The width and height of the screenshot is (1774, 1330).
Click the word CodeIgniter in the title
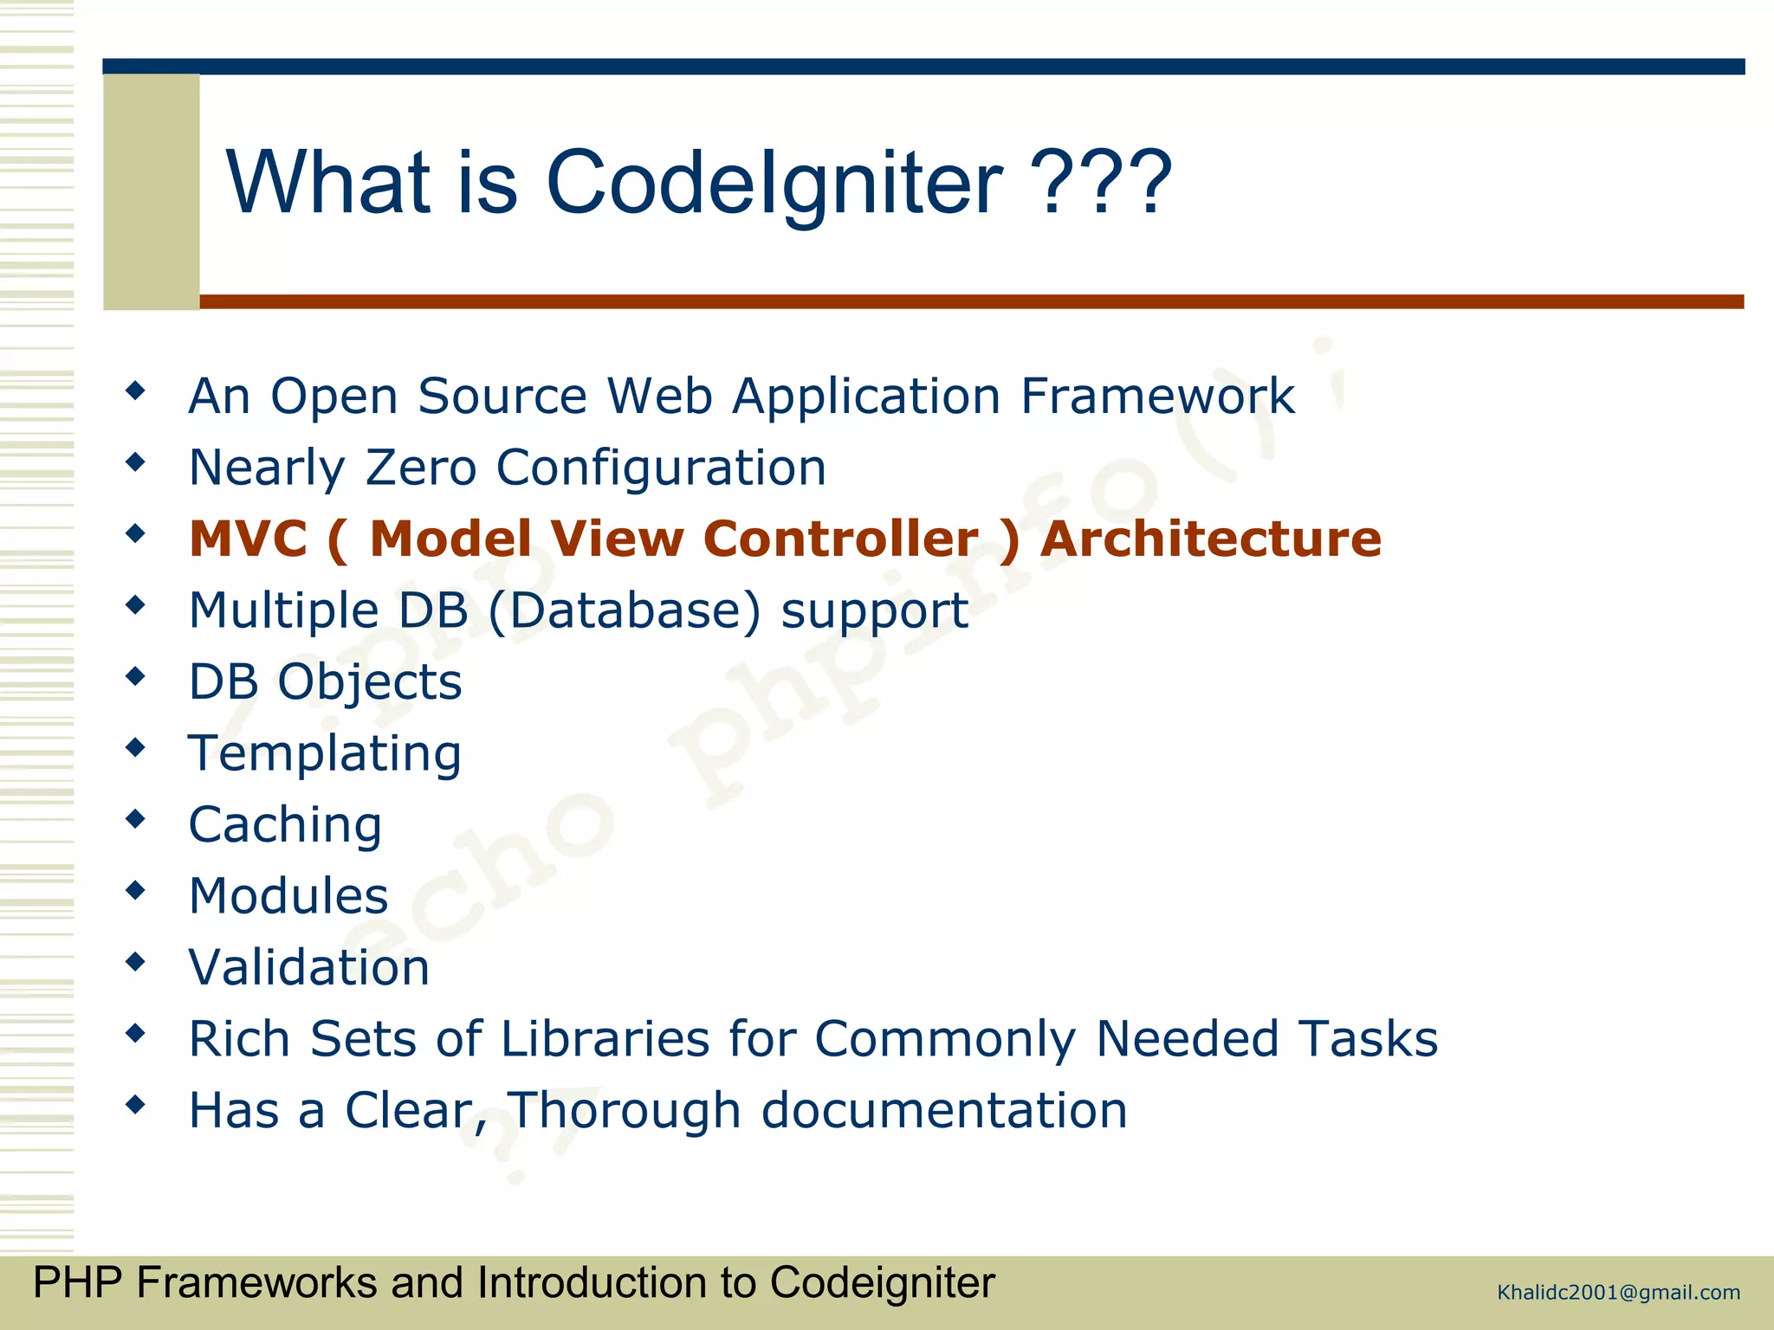click(774, 183)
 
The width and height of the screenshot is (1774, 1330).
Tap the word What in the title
click(328, 183)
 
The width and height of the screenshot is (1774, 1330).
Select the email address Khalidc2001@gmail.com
click(1618, 1293)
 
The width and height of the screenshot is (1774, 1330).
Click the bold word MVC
click(248, 539)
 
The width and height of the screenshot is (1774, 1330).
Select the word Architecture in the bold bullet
click(1210, 539)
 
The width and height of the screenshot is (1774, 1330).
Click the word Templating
click(325, 753)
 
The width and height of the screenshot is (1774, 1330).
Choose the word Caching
click(285, 824)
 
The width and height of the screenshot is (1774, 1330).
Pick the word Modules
click(288, 895)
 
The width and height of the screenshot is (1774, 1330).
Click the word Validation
click(309, 967)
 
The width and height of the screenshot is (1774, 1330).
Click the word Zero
click(421, 468)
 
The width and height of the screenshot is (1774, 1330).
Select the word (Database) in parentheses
click(625, 610)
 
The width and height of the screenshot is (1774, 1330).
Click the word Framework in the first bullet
click(1157, 397)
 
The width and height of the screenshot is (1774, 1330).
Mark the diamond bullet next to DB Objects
click(135, 675)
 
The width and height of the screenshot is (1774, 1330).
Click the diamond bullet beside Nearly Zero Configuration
click(135, 462)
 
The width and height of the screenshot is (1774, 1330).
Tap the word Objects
click(369, 682)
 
